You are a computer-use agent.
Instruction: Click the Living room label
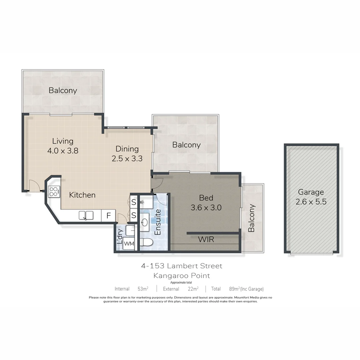(63, 141)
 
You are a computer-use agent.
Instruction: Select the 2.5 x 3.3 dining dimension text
(127, 159)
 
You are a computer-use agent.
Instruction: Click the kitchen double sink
(86, 216)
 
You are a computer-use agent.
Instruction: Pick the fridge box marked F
(108, 216)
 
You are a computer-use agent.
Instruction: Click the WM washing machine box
(129, 244)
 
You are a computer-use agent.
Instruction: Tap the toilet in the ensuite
(146, 242)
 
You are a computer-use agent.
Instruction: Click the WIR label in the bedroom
(206, 239)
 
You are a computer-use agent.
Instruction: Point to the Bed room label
(206, 198)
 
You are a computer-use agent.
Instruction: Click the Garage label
(311, 192)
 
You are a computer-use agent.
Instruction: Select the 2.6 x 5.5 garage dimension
(311, 202)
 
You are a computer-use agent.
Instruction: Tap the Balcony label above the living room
(63, 90)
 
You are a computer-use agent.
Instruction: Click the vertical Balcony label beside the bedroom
(252, 218)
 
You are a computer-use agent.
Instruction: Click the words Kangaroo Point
(182, 276)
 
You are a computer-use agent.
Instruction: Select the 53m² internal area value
(143, 289)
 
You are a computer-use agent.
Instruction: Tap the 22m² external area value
(193, 289)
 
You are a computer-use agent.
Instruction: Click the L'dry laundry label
(120, 236)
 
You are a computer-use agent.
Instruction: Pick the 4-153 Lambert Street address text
(182, 266)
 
